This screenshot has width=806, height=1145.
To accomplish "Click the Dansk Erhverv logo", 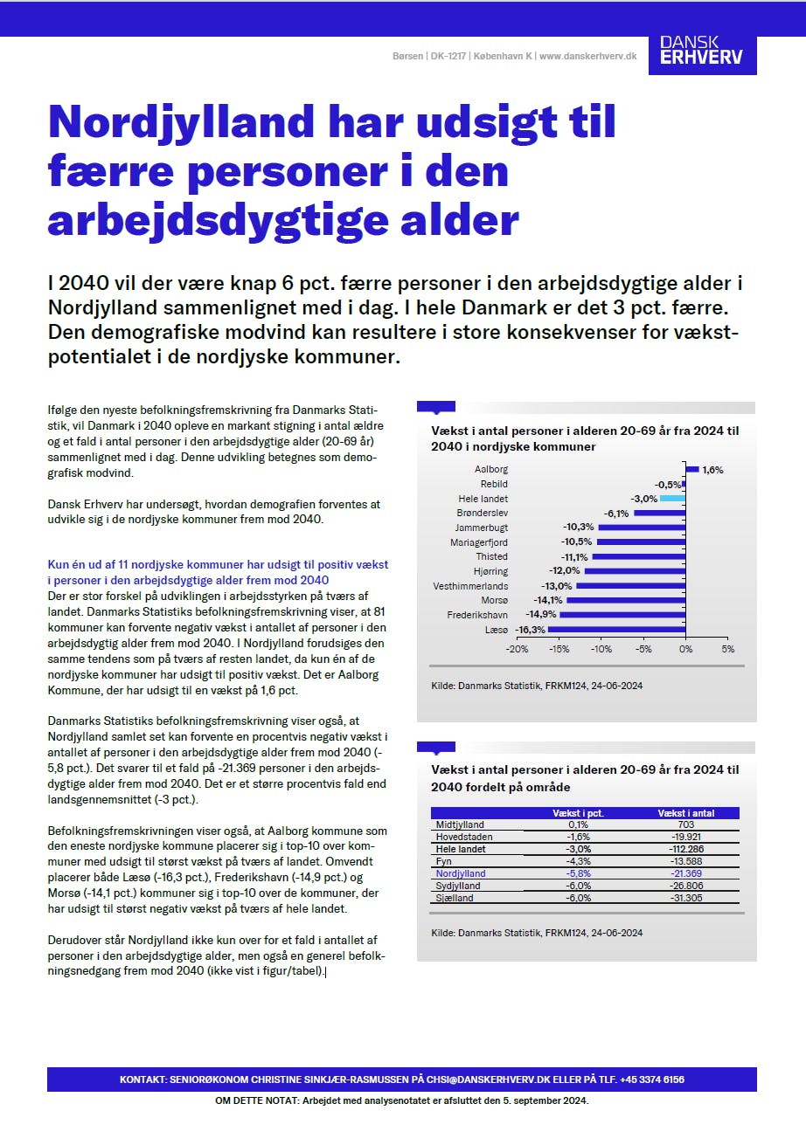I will [701, 50].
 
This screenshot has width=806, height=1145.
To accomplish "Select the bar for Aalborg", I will [692, 469].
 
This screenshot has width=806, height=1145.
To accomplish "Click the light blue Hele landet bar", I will [672, 498].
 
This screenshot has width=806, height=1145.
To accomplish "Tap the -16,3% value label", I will [531, 630].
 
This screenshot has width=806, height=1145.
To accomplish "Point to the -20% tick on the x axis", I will [517, 650].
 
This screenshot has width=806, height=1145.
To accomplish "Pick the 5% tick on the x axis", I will [727, 650].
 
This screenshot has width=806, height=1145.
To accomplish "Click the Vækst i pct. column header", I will [578, 813].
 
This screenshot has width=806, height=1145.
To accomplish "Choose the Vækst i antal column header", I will [685, 813].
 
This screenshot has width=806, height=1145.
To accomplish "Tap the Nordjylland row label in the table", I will [460, 873].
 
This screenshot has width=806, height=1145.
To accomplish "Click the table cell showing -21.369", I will [686, 873].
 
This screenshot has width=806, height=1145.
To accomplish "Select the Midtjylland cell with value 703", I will [686, 824].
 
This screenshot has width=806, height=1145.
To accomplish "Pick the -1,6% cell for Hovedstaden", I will [578, 837].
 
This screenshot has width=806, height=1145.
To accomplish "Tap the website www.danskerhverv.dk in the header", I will [587, 56].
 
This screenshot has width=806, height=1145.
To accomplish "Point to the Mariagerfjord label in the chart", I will [479, 542].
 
